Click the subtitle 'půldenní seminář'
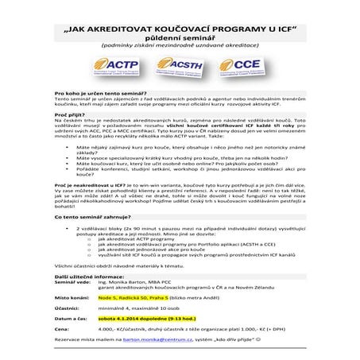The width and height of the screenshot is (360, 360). tap(180, 35)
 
